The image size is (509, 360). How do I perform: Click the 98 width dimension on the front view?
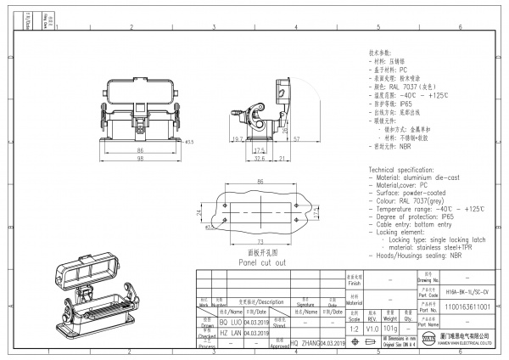click(140, 158)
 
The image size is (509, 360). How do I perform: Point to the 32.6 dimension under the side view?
click(260, 158)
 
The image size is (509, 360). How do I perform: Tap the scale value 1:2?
click(353, 328)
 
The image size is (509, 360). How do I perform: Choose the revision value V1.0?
click(372, 328)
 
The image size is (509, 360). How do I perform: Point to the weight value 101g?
click(391, 328)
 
